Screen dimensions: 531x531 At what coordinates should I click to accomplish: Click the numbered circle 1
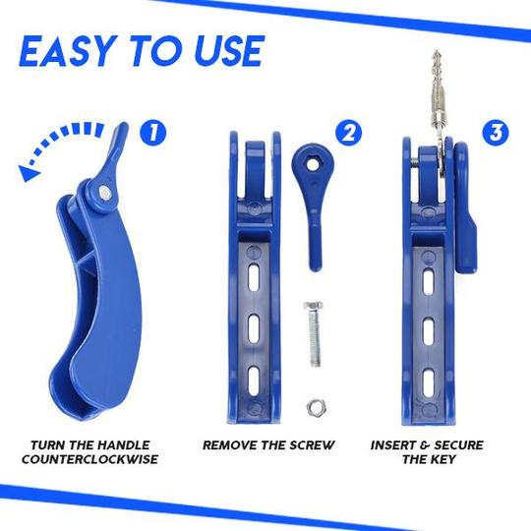pos(153,133)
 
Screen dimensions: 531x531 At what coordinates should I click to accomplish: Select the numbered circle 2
pos(349,133)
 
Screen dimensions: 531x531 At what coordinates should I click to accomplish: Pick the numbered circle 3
pos(496,133)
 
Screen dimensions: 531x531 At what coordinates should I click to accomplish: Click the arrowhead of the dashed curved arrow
pos(29,172)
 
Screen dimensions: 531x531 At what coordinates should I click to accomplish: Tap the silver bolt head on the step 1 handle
pos(104,194)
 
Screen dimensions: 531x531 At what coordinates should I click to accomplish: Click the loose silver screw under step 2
pos(315,333)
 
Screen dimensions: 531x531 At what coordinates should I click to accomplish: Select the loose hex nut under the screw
pos(317,407)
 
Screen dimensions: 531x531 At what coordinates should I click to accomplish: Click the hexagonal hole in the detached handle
pos(311,165)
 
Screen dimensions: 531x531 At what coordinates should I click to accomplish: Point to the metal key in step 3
pos(439,112)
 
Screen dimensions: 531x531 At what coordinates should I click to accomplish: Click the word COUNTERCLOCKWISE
pos(89,459)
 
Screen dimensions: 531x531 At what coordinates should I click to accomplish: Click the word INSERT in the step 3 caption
pos(391,444)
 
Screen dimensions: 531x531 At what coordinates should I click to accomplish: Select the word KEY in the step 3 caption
pos(442,459)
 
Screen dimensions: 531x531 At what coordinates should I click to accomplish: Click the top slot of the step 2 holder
pos(254,278)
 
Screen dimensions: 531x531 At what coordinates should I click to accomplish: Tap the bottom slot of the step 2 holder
pos(254,381)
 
